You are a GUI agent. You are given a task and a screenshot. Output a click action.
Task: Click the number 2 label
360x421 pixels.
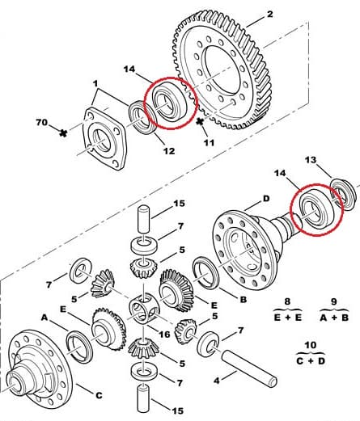click(x=269, y=14)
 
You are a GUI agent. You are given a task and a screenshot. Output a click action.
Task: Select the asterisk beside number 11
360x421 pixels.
click(x=201, y=122)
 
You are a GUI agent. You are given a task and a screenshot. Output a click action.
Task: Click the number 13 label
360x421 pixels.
click(x=310, y=161)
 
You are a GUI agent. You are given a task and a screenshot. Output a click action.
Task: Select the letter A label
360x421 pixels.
click(x=44, y=318)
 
